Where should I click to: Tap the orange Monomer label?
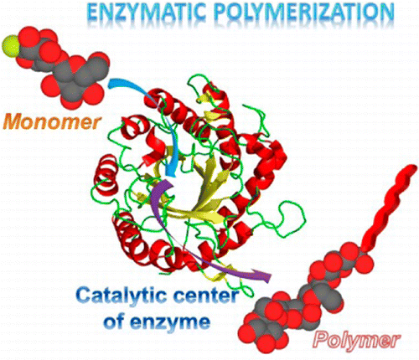coord(53,122)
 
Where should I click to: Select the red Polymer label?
coord(357,340)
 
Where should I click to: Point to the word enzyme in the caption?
coord(169,322)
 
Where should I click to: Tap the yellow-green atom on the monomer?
coord(11,45)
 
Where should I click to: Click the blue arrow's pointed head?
coord(171,172)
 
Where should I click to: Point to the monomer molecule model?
coord(57,67)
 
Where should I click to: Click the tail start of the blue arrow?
coord(111,83)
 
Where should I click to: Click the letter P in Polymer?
coord(321,339)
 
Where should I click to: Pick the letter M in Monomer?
coord(16,122)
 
